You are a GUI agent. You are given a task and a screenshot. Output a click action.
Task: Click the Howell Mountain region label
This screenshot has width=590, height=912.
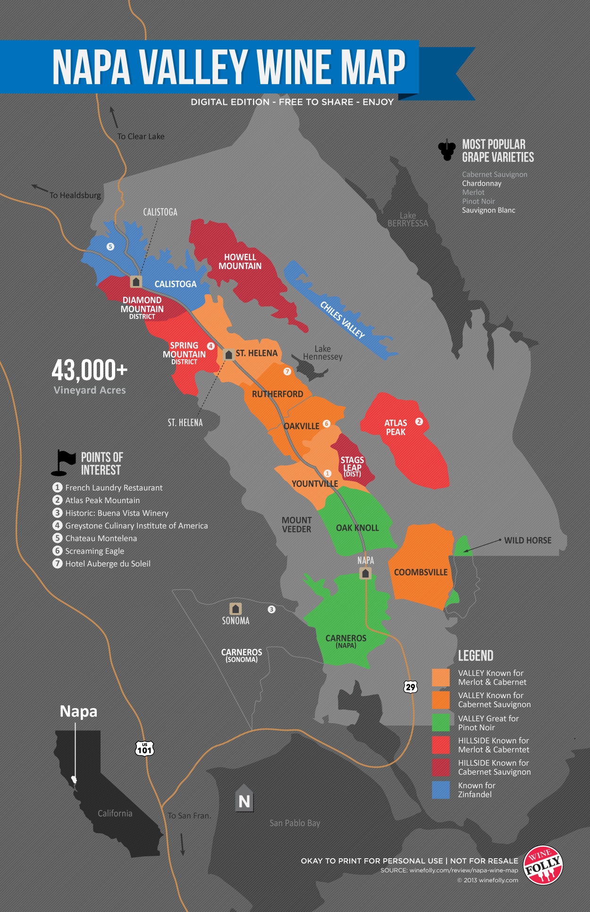click(x=240, y=262)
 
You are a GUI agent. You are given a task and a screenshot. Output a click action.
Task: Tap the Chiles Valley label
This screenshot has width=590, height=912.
click(x=343, y=320)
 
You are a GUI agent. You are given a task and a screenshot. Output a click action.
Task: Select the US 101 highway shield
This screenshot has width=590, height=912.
click(x=144, y=748)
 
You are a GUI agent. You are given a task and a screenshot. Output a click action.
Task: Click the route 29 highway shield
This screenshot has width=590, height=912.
click(x=410, y=687)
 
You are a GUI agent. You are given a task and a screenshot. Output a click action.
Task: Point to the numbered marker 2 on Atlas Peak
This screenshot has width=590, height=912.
click(x=419, y=422)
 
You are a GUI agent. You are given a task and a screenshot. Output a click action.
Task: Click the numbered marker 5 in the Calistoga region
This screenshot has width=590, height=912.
click(x=110, y=246)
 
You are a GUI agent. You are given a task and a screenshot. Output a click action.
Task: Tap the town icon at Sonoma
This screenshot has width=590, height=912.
click(x=236, y=609)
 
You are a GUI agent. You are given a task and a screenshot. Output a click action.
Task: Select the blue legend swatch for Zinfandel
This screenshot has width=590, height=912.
click(x=440, y=790)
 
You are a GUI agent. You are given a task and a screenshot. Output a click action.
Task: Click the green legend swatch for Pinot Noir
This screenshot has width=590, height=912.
click(x=440, y=723)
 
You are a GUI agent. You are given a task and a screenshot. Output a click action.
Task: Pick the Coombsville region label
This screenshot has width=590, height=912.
click(x=421, y=573)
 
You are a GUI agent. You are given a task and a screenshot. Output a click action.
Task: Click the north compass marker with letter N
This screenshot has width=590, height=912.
click(x=244, y=799)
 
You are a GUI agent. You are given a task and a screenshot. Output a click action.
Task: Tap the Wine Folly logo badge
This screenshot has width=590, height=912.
click(x=543, y=865)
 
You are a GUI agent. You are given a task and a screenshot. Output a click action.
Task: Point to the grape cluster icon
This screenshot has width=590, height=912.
click(x=447, y=150)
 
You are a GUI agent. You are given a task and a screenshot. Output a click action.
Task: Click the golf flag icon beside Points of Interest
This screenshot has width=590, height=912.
click(x=63, y=462)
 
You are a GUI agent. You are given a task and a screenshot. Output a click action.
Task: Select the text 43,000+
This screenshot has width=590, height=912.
click(x=89, y=370)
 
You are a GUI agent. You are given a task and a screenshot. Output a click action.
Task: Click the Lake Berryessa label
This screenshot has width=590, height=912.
click(x=407, y=220)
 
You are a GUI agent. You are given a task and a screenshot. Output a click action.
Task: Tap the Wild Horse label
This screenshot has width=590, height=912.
click(x=527, y=540)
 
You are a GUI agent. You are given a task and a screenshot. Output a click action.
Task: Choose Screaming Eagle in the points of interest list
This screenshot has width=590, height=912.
click(x=94, y=551)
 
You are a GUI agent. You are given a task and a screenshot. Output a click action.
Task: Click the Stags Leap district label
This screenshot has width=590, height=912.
click(x=352, y=466)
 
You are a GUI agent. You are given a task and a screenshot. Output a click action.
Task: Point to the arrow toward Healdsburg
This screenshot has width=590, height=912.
click(x=40, y=188)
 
